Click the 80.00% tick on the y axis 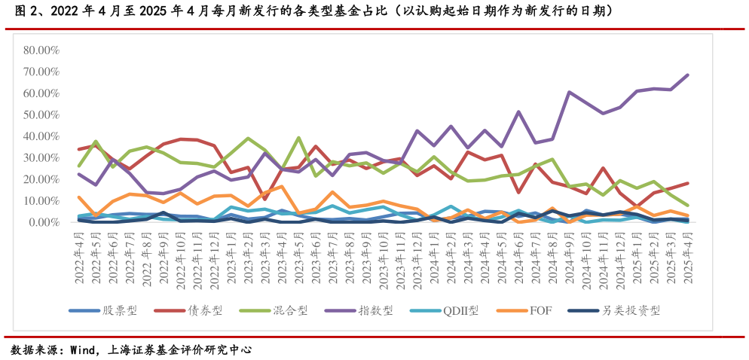(41, 50)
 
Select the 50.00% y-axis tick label (41, 115)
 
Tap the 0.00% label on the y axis (44, 223)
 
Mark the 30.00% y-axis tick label (41, 158)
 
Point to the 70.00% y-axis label (41, 72)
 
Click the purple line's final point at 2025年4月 (687, 75)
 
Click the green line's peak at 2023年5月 (299, 138)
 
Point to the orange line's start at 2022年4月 (79, 197)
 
